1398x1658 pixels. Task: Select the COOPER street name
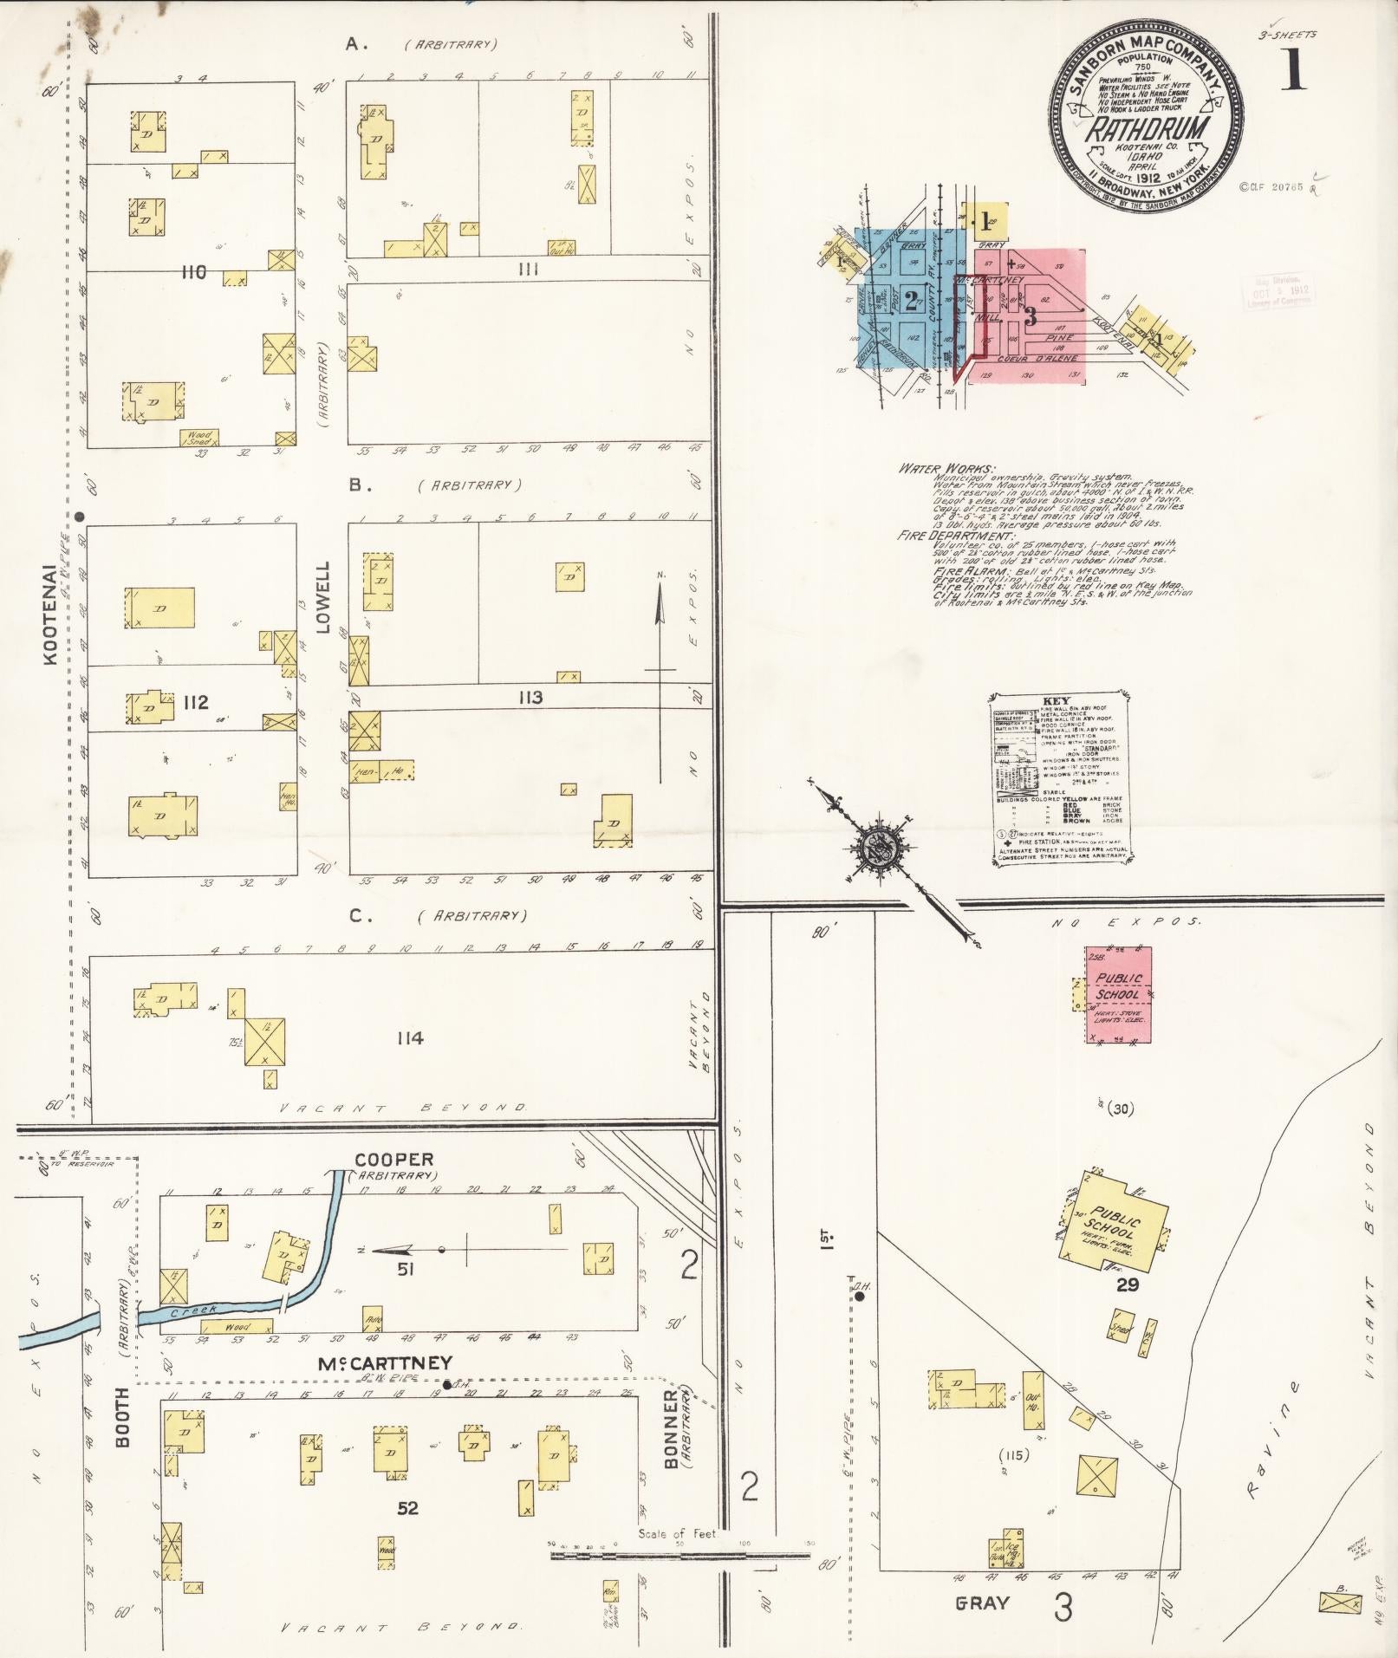pos(393,1160)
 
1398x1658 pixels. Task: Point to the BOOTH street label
pos(121,1429)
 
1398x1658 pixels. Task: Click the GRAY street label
pos(982,1603)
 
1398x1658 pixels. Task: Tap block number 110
pos(193,272)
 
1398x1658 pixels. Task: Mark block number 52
pos(407,1508)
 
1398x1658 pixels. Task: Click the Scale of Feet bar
pos(680,1556)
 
